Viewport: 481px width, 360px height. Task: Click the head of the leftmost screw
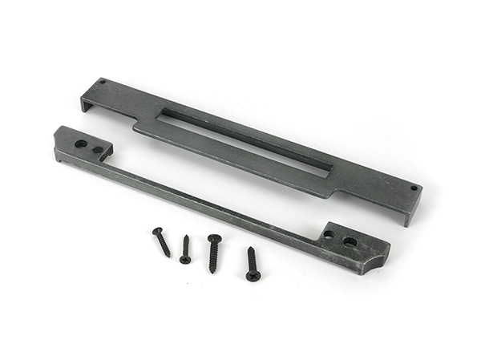coord(157,232)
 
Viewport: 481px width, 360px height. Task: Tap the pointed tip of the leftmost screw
coord(169,257)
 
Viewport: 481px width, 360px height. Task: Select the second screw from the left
coord(185,249)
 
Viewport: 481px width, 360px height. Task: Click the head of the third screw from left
coord(214,238)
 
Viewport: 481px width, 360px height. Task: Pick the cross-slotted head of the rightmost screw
coord(253,276)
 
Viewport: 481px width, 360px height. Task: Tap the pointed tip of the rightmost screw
coord(249,248)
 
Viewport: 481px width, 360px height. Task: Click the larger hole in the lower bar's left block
coord(81,144)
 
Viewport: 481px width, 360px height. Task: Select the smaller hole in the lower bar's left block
coord(97,150)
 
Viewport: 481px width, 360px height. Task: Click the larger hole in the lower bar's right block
coord(350,241)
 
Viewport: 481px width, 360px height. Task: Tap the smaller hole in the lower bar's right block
coord(329,235)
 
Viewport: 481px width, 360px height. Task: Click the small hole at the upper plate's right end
coord(413,188)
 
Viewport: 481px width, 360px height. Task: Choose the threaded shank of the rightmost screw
coord(252,261)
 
